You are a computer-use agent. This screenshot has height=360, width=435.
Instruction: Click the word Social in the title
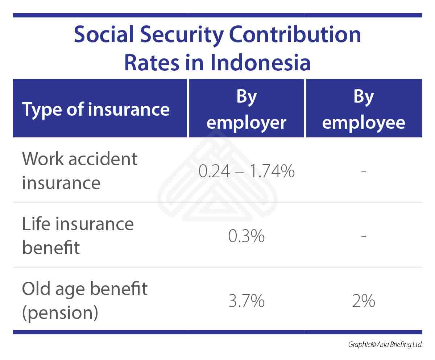104,34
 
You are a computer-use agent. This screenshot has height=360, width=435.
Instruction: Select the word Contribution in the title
295,34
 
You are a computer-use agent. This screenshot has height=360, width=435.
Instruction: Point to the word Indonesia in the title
260,62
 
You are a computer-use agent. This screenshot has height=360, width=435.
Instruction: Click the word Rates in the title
152,62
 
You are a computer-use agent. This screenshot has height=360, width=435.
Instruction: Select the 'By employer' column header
246,109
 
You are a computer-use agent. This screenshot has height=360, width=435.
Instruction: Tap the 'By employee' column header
364,109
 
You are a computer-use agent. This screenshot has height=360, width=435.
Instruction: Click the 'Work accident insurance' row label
79,171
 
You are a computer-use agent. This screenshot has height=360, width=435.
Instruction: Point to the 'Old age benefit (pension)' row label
84,301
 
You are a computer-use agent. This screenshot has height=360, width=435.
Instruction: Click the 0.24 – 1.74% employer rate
246,171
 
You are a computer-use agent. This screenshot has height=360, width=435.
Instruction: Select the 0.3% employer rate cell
246,236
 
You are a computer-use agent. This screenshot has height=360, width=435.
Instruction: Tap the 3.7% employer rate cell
246,301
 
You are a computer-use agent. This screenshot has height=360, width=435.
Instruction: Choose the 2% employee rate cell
364,301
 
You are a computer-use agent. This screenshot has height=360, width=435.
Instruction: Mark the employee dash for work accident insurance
364,171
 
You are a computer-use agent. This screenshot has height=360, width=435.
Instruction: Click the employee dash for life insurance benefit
364,236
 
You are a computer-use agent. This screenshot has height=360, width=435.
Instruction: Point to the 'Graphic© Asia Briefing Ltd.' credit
385,344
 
